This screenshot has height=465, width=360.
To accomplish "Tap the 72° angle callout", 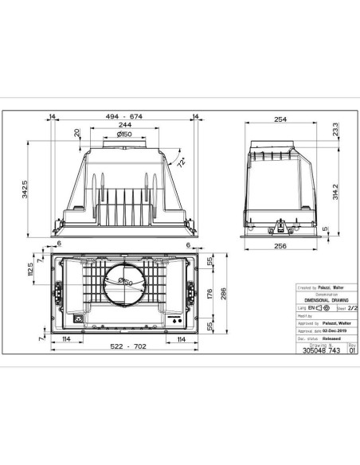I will pos(183,164).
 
